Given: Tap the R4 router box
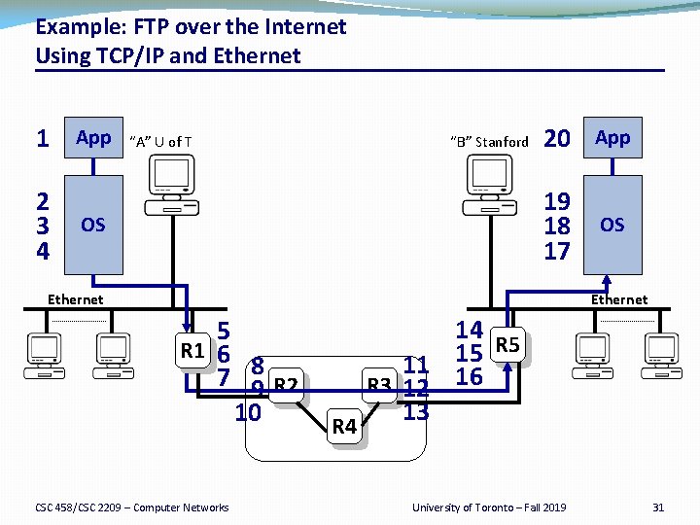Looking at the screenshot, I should pyautogui.click(x=345, y=426).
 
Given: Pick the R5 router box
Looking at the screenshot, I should pyautogui.click(x=508, y=344).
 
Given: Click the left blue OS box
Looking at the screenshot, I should pyautogui.click(x=93, y=225).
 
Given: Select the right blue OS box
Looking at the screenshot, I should pyautogui.click(x=612, y=225).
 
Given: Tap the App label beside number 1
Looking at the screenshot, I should pyautogui.click(x=93, y=138).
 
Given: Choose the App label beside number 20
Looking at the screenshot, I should pyautogui.click(x=612, y=138).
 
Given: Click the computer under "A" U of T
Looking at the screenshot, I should pyautogui.click(x=170, y=184).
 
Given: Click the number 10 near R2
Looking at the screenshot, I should pyautogui.click(x=249, y=412).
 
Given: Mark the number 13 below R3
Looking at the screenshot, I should pyautogui.click(x=416, y=411).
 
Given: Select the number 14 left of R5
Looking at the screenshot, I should pyautogui.click(x=470, y=330).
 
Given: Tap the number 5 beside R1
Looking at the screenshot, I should pyautogui.click(x=223, y=330).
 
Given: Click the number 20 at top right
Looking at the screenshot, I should pyautogui.click(x=557, y=139).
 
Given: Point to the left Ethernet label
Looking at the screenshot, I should pyautogui.click(x=76, y=299).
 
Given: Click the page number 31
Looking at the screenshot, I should pyautogui.click(x=658, y=507).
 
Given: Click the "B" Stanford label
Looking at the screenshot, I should pyautogui.click(x=489, y=142).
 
